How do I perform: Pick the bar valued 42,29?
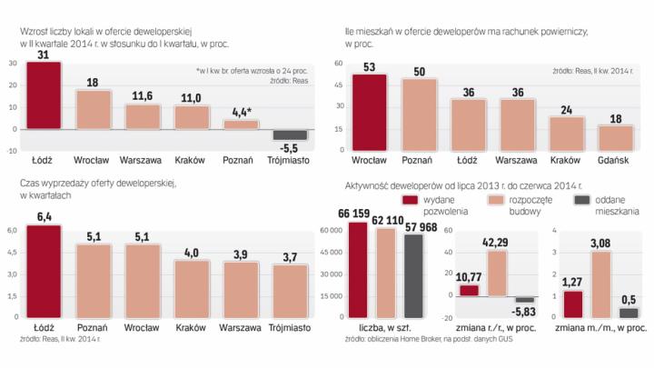pos(498,271)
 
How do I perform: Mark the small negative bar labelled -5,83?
pos(525,299)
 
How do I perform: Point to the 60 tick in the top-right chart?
pos(337,64)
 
